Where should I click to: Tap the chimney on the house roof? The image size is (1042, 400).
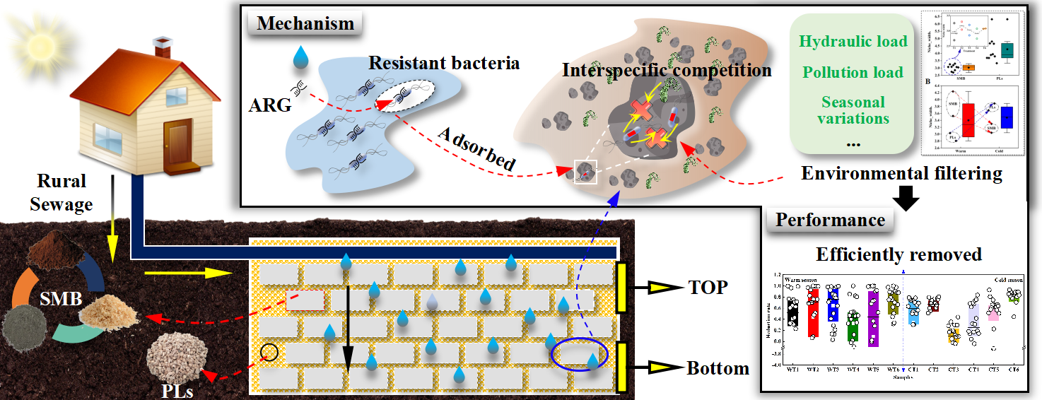162,49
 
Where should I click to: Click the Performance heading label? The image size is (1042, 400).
830,220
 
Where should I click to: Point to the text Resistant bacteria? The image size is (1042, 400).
444,63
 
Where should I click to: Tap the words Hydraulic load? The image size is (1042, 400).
853,42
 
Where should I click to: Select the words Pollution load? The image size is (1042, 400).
853,72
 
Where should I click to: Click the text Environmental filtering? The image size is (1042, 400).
901,173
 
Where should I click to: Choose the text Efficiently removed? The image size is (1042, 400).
898,254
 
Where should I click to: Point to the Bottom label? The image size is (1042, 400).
718,368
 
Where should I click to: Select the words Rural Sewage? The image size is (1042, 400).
66,192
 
